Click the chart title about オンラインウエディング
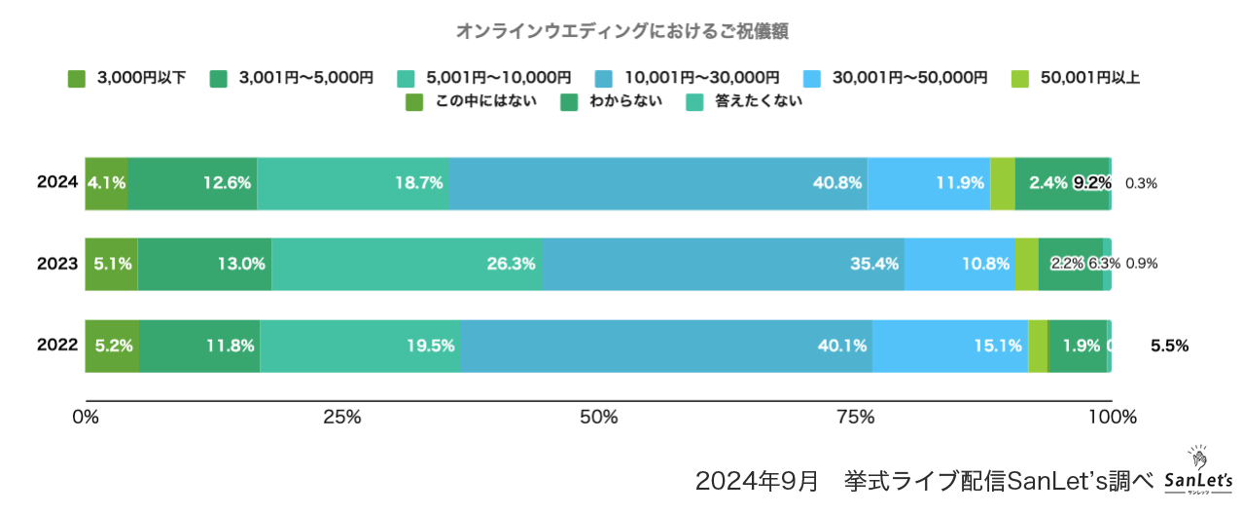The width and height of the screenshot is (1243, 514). [621, 31]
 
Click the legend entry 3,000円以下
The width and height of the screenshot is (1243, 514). [127, 78]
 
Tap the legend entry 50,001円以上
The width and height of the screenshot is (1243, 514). [1075, 78]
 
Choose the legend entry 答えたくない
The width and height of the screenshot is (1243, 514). [744, 101]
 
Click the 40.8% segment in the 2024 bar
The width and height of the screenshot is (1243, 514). [657, 182]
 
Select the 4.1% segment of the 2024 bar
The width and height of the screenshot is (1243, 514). [106, 182]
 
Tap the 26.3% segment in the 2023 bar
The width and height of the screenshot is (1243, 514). [406, 263]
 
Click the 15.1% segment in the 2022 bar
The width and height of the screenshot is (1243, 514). [949, 345]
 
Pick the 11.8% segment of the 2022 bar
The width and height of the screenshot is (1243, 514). [199, 345]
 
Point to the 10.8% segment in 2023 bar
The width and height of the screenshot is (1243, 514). [959, 263]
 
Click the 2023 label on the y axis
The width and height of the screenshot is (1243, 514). [57, 263]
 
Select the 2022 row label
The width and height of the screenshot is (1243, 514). [57, 345]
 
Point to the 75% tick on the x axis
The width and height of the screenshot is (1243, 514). [855, 418]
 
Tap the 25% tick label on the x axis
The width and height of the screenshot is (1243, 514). [341, 418]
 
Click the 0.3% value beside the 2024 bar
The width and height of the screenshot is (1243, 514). [1141, 182]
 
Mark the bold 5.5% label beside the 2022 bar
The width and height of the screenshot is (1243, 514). [1169, 345]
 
